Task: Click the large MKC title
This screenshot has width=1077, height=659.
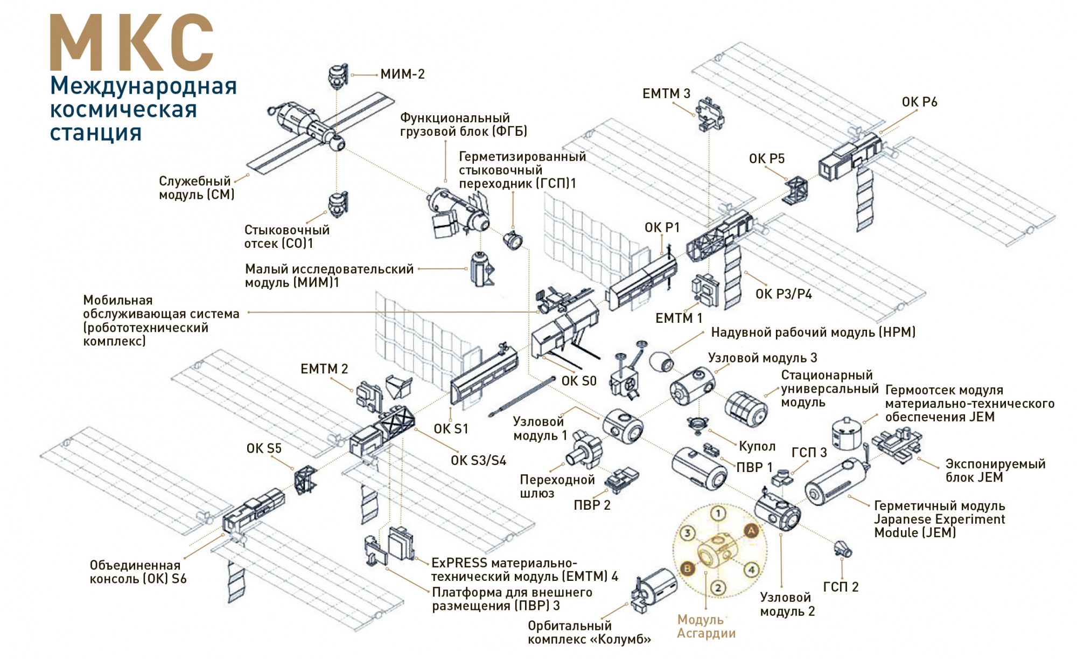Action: click(132, 43)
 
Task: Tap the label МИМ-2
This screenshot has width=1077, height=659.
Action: click(402, 74)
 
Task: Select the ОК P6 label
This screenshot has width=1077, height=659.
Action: click(919, 102)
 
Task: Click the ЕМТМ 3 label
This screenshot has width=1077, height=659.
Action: click(666, 94)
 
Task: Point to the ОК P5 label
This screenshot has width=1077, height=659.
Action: click(766, 159)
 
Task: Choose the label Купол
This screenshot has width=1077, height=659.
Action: click(757, 446)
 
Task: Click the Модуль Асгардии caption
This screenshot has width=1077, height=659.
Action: click(705, 627)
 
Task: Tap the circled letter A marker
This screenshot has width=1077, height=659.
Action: click(751, 531)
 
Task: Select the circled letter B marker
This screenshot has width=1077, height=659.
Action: click(687, 568)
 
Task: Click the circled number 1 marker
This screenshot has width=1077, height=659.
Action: click(718, 514)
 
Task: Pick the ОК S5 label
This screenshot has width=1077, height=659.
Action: click(264, 448)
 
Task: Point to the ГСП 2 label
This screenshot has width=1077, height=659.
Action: click(841, 587)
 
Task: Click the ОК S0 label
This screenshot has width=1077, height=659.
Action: click(579, 381)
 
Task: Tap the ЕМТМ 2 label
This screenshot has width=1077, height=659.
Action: click(324, 369)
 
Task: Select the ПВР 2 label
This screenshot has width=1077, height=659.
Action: click(592, 505)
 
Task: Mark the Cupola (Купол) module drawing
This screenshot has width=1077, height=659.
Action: click(698, 424)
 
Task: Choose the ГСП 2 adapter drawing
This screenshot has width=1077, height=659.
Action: click(842, 549)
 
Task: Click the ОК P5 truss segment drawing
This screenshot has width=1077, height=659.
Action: click(796, 190)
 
